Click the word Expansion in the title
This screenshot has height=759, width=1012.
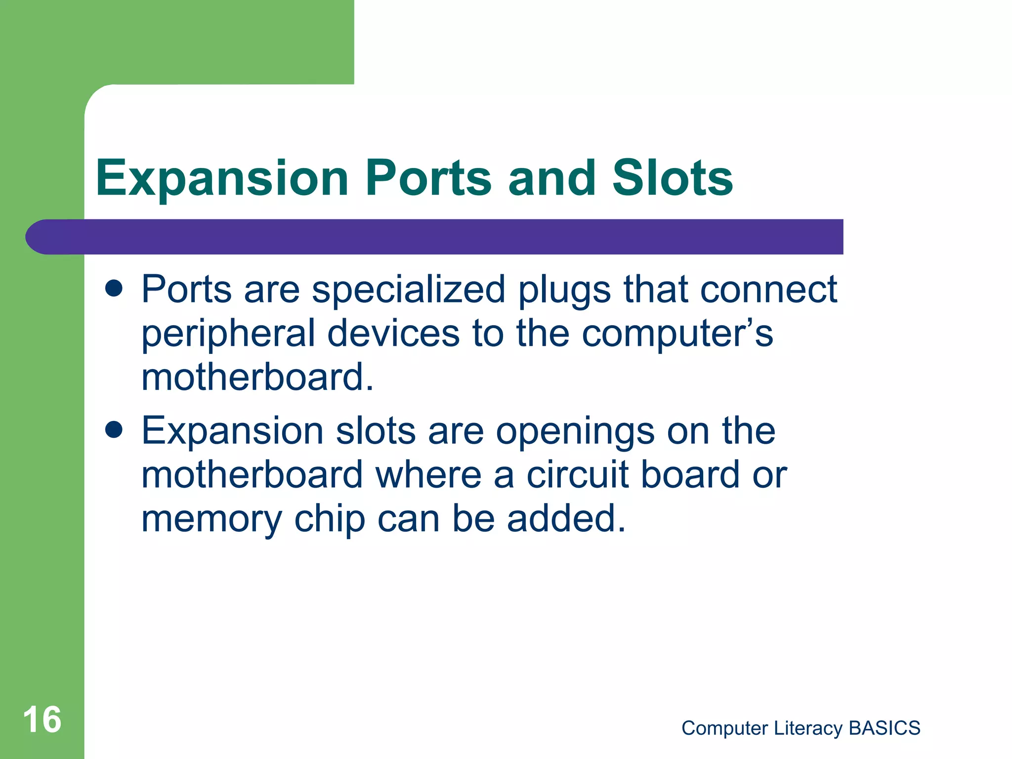[x=222, y=179]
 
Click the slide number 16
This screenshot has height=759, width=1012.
[x=42, y=719]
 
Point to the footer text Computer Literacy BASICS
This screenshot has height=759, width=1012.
[x=801, y=728]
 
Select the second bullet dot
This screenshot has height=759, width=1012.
[x=114, y=430]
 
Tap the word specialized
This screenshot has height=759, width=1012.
[x=409, y=290]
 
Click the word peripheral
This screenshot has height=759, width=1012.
[x=228, y=334]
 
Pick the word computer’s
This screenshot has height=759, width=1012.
[x=677, y=334]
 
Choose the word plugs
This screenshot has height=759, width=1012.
[x=564, y=291]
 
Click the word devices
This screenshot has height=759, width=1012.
[x=393, y=333]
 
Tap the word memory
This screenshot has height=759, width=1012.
[x=211, y=520]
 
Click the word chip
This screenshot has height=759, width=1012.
[x=330, y=519]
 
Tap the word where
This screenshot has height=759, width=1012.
[x=428, y=475]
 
